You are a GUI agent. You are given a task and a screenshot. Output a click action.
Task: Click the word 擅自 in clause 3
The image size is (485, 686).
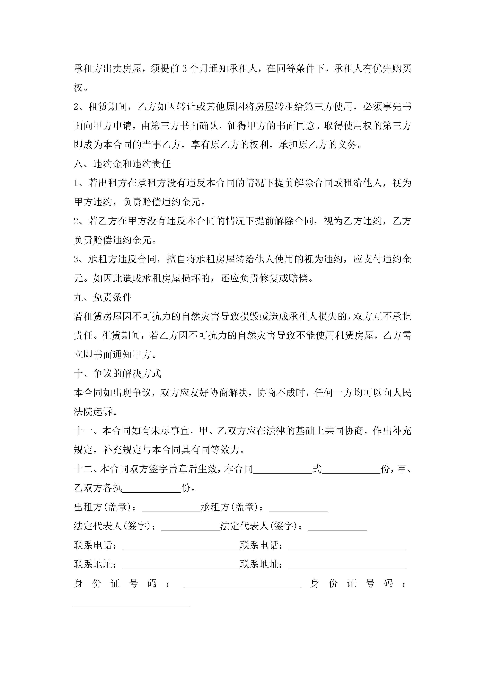tap(176, 259)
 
